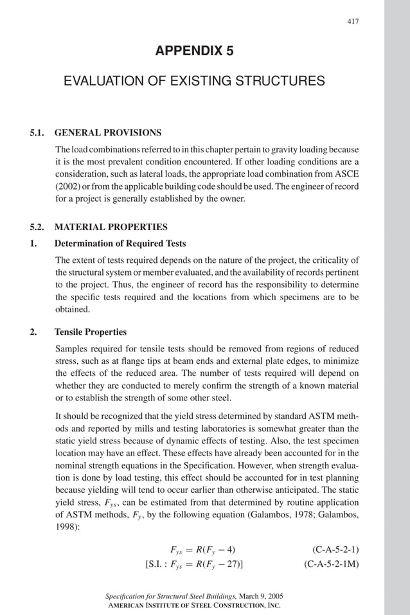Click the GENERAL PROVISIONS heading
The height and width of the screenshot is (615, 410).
click(x=108, y=133)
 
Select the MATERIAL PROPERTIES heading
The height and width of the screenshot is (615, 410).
click(x=111, y=227)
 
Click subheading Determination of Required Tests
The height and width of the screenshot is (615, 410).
click(x=120, y=244)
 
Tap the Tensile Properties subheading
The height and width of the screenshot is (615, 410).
click(x=91, y=332)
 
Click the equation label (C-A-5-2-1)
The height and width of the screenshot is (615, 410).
click(x=335, y=549)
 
